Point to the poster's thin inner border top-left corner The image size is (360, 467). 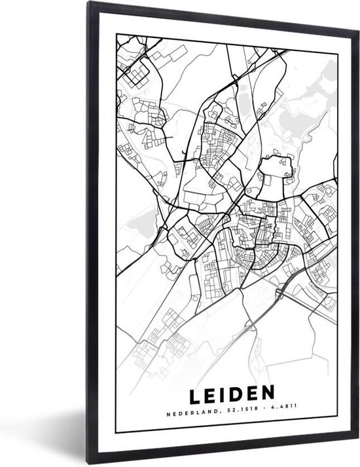coord(117,31)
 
